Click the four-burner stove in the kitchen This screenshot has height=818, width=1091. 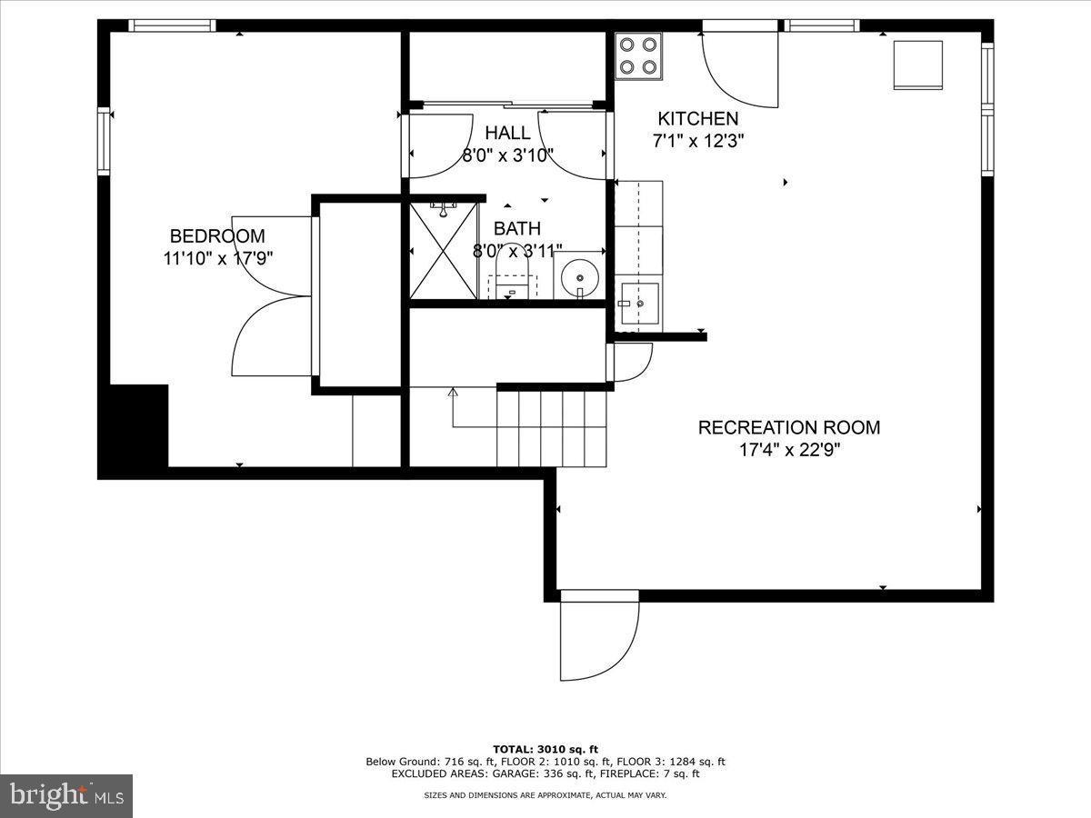[x=638, y=55]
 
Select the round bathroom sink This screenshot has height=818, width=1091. [x=578, y=274]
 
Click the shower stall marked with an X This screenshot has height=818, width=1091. [x=444, y=251]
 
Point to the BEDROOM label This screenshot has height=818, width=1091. [x=217, y=236]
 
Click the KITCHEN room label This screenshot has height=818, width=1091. [x=697, y=119]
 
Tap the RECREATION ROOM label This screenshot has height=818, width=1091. [x=788, y=427]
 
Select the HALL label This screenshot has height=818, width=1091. [x=507, y=134]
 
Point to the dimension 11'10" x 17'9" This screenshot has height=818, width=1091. [x=217, y=258]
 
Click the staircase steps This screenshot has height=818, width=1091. [x=551, y=427]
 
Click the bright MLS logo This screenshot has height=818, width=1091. [x=66, y=796]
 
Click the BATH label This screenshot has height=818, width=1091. [x=516, y=229]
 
